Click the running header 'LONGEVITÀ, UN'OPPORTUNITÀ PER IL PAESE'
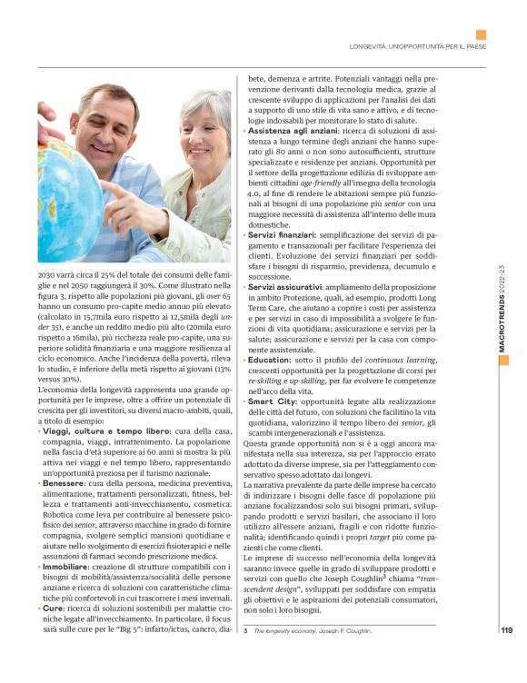pyautogui.click(x=418, y=46)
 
